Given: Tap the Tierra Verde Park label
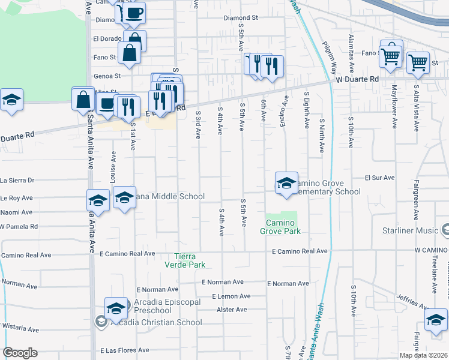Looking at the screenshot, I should point(190,260).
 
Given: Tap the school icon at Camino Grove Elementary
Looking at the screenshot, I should point(287,182).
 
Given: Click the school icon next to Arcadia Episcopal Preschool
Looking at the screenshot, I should point(116,308).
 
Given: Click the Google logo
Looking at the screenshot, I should point(20,353).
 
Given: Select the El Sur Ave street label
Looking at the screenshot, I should point(379,178).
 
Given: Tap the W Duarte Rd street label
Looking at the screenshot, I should point(358,79).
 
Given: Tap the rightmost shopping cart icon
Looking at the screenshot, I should point(418,61).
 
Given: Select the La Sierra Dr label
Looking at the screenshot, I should point(18,180).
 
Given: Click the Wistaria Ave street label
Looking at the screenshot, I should point(19,329).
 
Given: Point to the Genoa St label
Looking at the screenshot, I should point(107,76).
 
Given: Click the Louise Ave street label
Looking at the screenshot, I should point(112,165).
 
